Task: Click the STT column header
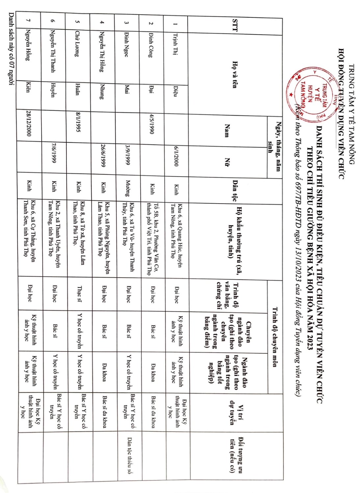(235, 25)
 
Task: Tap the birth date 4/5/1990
(151, 124)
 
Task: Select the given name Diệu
(176, 91)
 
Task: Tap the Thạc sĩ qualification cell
(79, 294)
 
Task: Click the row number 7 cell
(29, 20)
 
